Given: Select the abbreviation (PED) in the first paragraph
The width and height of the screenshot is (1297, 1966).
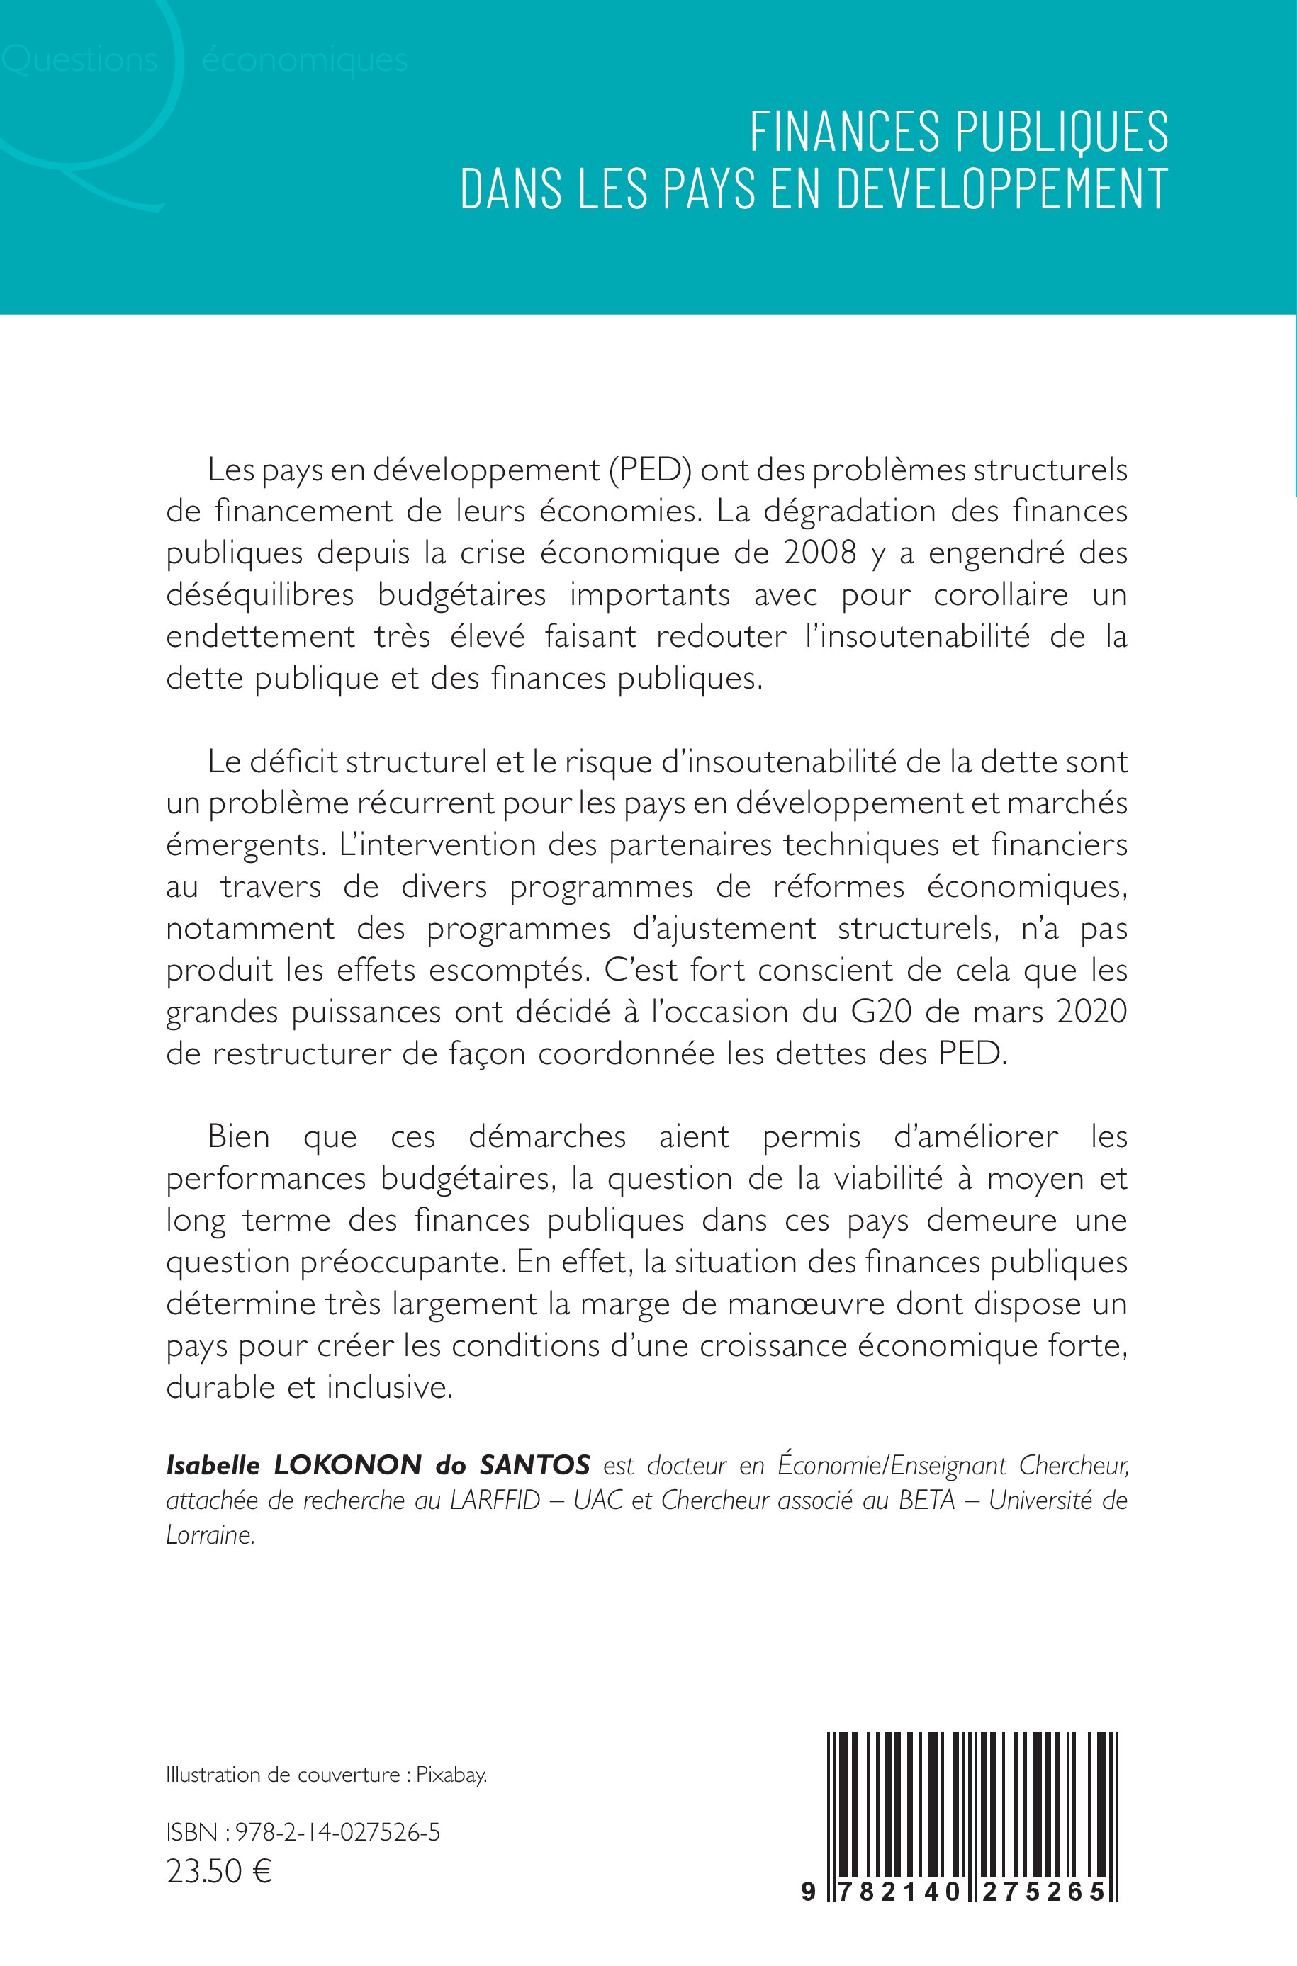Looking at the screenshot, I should pos(654,470).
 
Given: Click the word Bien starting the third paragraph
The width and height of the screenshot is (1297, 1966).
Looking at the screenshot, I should pos(239,1137).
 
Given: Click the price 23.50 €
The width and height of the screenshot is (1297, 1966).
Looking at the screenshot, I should pos(219,1871).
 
